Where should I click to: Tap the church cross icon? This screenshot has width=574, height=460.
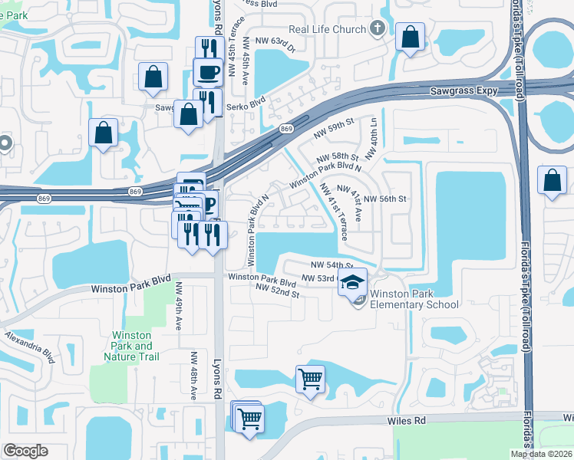click(376, 29)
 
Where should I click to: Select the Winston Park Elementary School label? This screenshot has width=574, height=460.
click(414, 299)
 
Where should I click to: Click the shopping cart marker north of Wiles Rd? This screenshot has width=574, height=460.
click(310, 378)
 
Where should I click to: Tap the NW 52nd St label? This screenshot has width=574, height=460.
click(277, 291)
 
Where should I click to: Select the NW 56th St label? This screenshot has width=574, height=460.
click(384, 198)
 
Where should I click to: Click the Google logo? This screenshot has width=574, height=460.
click(25, 451)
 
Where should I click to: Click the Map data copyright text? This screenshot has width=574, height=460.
click(541, 454)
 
